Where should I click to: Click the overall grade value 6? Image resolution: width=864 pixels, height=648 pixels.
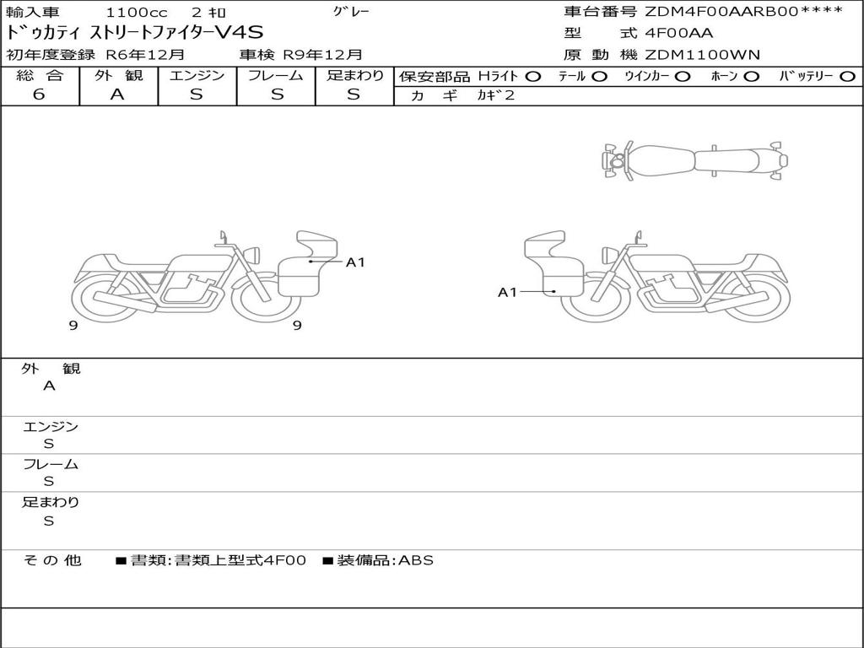coord(39,94)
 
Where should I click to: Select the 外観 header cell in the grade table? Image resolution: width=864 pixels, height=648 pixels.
coord(118,75)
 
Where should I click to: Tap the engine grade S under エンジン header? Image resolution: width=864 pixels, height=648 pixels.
coord(197,94)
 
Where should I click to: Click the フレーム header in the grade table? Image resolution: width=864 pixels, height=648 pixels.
coord(276,75)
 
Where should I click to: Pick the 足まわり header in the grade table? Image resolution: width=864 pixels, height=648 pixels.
coord(354,75)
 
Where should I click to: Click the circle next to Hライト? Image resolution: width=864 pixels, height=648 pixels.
coord(533,77)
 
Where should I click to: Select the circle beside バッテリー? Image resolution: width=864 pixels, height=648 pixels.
coord(847,77)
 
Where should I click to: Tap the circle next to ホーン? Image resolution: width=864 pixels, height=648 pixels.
coord(751,77)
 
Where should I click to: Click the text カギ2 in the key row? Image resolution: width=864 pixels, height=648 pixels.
coord(496,95)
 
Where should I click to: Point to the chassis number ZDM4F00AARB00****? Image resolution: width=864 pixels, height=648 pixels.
coord(744,12)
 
